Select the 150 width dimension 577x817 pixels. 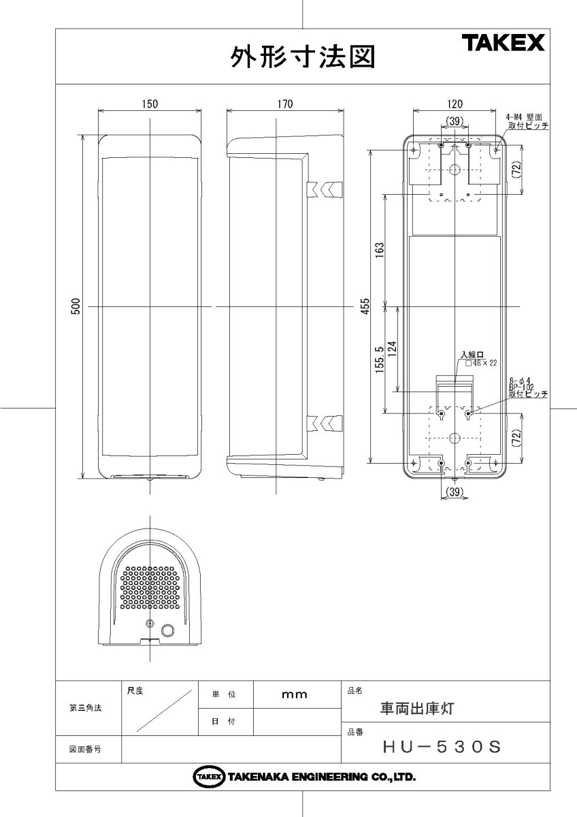[150, 103]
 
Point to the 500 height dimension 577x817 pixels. [77, 306]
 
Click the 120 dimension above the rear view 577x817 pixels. [455, 103]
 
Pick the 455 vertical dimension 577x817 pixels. [365, 306]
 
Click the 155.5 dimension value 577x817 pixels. [380, 360]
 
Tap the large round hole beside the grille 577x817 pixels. [167, 631]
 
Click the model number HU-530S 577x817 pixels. [442, 747]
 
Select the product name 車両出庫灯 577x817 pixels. [416, 708]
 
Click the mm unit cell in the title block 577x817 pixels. [295, 694]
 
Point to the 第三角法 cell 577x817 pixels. [86, 708]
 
